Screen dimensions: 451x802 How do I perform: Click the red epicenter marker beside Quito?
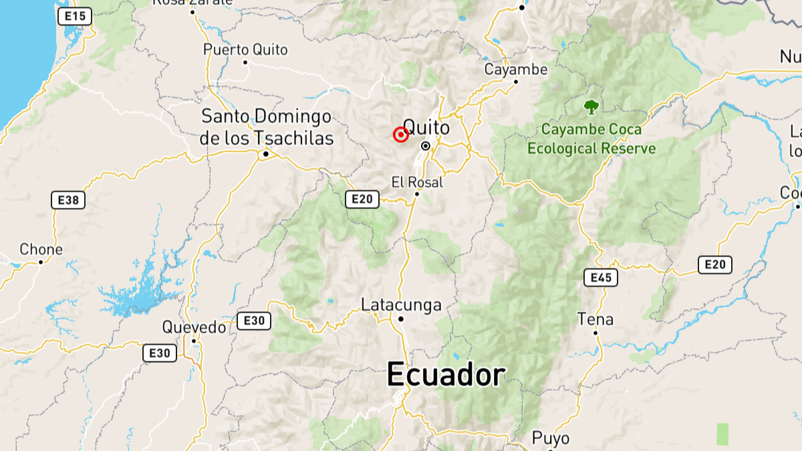(400, 135)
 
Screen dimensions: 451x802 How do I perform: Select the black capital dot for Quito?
(426, 146)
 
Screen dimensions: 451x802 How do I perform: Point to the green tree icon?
(591, 106)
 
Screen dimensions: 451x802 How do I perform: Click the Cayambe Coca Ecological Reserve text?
(591, 139)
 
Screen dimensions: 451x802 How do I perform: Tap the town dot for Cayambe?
(516, 82)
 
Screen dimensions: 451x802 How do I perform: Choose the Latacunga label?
(401, 305)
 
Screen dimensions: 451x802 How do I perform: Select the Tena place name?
(595, 319)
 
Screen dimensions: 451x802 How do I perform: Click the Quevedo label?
(194, 327)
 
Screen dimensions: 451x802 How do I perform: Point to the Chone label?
(41, 250)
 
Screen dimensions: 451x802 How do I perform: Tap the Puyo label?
(551, 438)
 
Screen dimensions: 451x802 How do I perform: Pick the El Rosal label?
(417, 182)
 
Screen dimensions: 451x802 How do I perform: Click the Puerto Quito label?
(245, 49)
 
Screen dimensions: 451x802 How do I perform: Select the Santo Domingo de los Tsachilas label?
(267, 127)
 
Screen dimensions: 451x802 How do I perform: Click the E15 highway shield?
(74, 17)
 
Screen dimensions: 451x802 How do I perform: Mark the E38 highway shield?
(68, 199)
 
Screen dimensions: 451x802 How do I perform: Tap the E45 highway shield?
(600, 277)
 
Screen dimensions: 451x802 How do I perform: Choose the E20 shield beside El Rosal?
(362, 198)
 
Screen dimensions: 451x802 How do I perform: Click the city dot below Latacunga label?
(401, 319)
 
